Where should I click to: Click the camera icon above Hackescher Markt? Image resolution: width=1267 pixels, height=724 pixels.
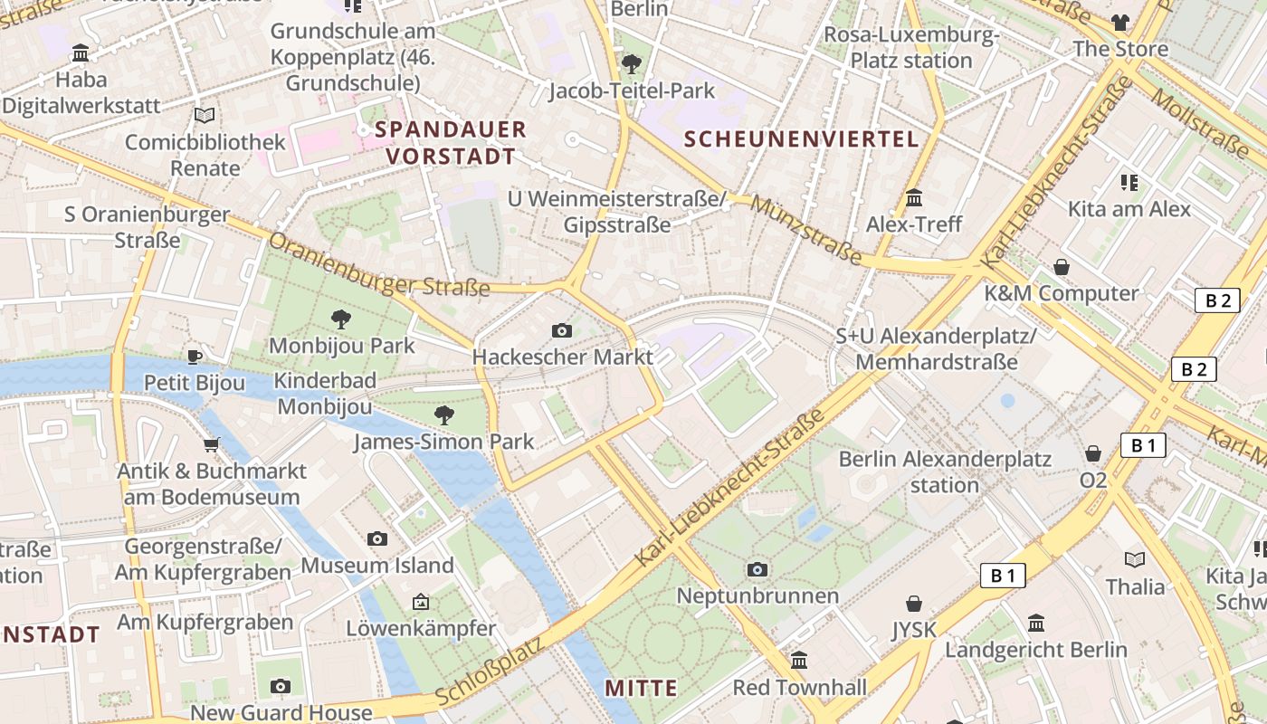pyautogui.click(x=562, y=330)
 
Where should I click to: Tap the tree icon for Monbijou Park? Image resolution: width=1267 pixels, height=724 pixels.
pyautogui.click(x=341, y=319)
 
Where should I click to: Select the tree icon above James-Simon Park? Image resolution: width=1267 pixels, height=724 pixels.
pyautogui.click(x=443, y=415)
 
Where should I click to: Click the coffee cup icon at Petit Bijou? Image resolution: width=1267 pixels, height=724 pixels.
pyautogui.click(x=194, y=357)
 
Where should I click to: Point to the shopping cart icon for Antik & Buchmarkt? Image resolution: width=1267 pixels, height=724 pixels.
pyautogui.click(x=212, y=444)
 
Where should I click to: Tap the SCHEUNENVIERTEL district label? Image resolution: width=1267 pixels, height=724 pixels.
pyautogui.click(x=801, y=139)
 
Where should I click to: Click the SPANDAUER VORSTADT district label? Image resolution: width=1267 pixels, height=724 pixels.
pyautogui.click(x=450, y=142)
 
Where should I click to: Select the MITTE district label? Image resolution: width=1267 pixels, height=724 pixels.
pyautogui.click(x=641, y=688)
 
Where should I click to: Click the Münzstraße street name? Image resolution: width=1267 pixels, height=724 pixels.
pyautogui.click(x=806, y=232)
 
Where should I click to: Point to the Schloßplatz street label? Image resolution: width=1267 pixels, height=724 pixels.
pyautogui.click(x=489, y=671)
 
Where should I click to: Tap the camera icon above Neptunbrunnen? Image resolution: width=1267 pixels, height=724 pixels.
pyautogui.click(x=757, y=569)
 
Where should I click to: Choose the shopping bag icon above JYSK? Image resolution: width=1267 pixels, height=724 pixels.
pyautogui.click(x=914, y=604)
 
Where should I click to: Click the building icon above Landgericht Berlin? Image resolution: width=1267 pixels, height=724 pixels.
pyautogui.click(x=1036, y=623)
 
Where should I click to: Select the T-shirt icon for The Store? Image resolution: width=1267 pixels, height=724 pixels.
pyautogui.click(x=1120, y=23)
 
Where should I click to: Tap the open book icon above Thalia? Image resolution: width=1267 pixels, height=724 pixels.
pyautogui.click(x=1135, y=559)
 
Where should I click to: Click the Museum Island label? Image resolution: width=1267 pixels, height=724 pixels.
pyautogui.click(x=377, y=566)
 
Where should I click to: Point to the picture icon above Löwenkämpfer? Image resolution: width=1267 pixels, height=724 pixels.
pyautogui.click(x=421, y=601)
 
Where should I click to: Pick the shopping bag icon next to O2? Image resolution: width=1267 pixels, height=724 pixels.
pyautogui.click(x=1093, y=453)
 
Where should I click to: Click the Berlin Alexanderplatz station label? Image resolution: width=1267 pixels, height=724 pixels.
pyautogui.click(x=945, y=472)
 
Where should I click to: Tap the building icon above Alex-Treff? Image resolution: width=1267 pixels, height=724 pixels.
pyautogui.click(x=914, y=197)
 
